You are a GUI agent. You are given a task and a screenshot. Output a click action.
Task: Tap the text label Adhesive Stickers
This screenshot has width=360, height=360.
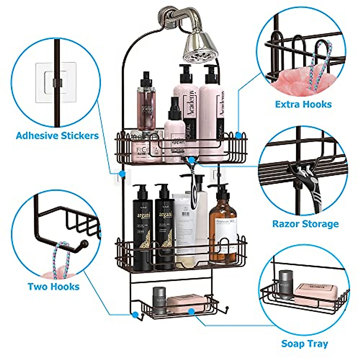[x=57, y=136]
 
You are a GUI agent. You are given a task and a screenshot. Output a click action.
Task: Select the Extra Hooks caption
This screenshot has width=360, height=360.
[x=303, y=104]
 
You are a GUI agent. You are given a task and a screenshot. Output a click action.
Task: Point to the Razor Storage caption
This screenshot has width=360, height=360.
[x=305, y=224]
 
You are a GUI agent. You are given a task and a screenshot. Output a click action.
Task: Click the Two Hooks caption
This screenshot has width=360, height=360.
[x=53, y=286]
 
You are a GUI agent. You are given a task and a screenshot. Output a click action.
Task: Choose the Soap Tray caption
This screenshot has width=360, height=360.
[x=304, y=343]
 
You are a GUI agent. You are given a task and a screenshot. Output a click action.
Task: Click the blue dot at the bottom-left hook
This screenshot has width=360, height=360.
[x=135, y=315]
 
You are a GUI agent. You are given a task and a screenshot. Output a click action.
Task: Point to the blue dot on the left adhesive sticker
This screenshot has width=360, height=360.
[x=122, y=174]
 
